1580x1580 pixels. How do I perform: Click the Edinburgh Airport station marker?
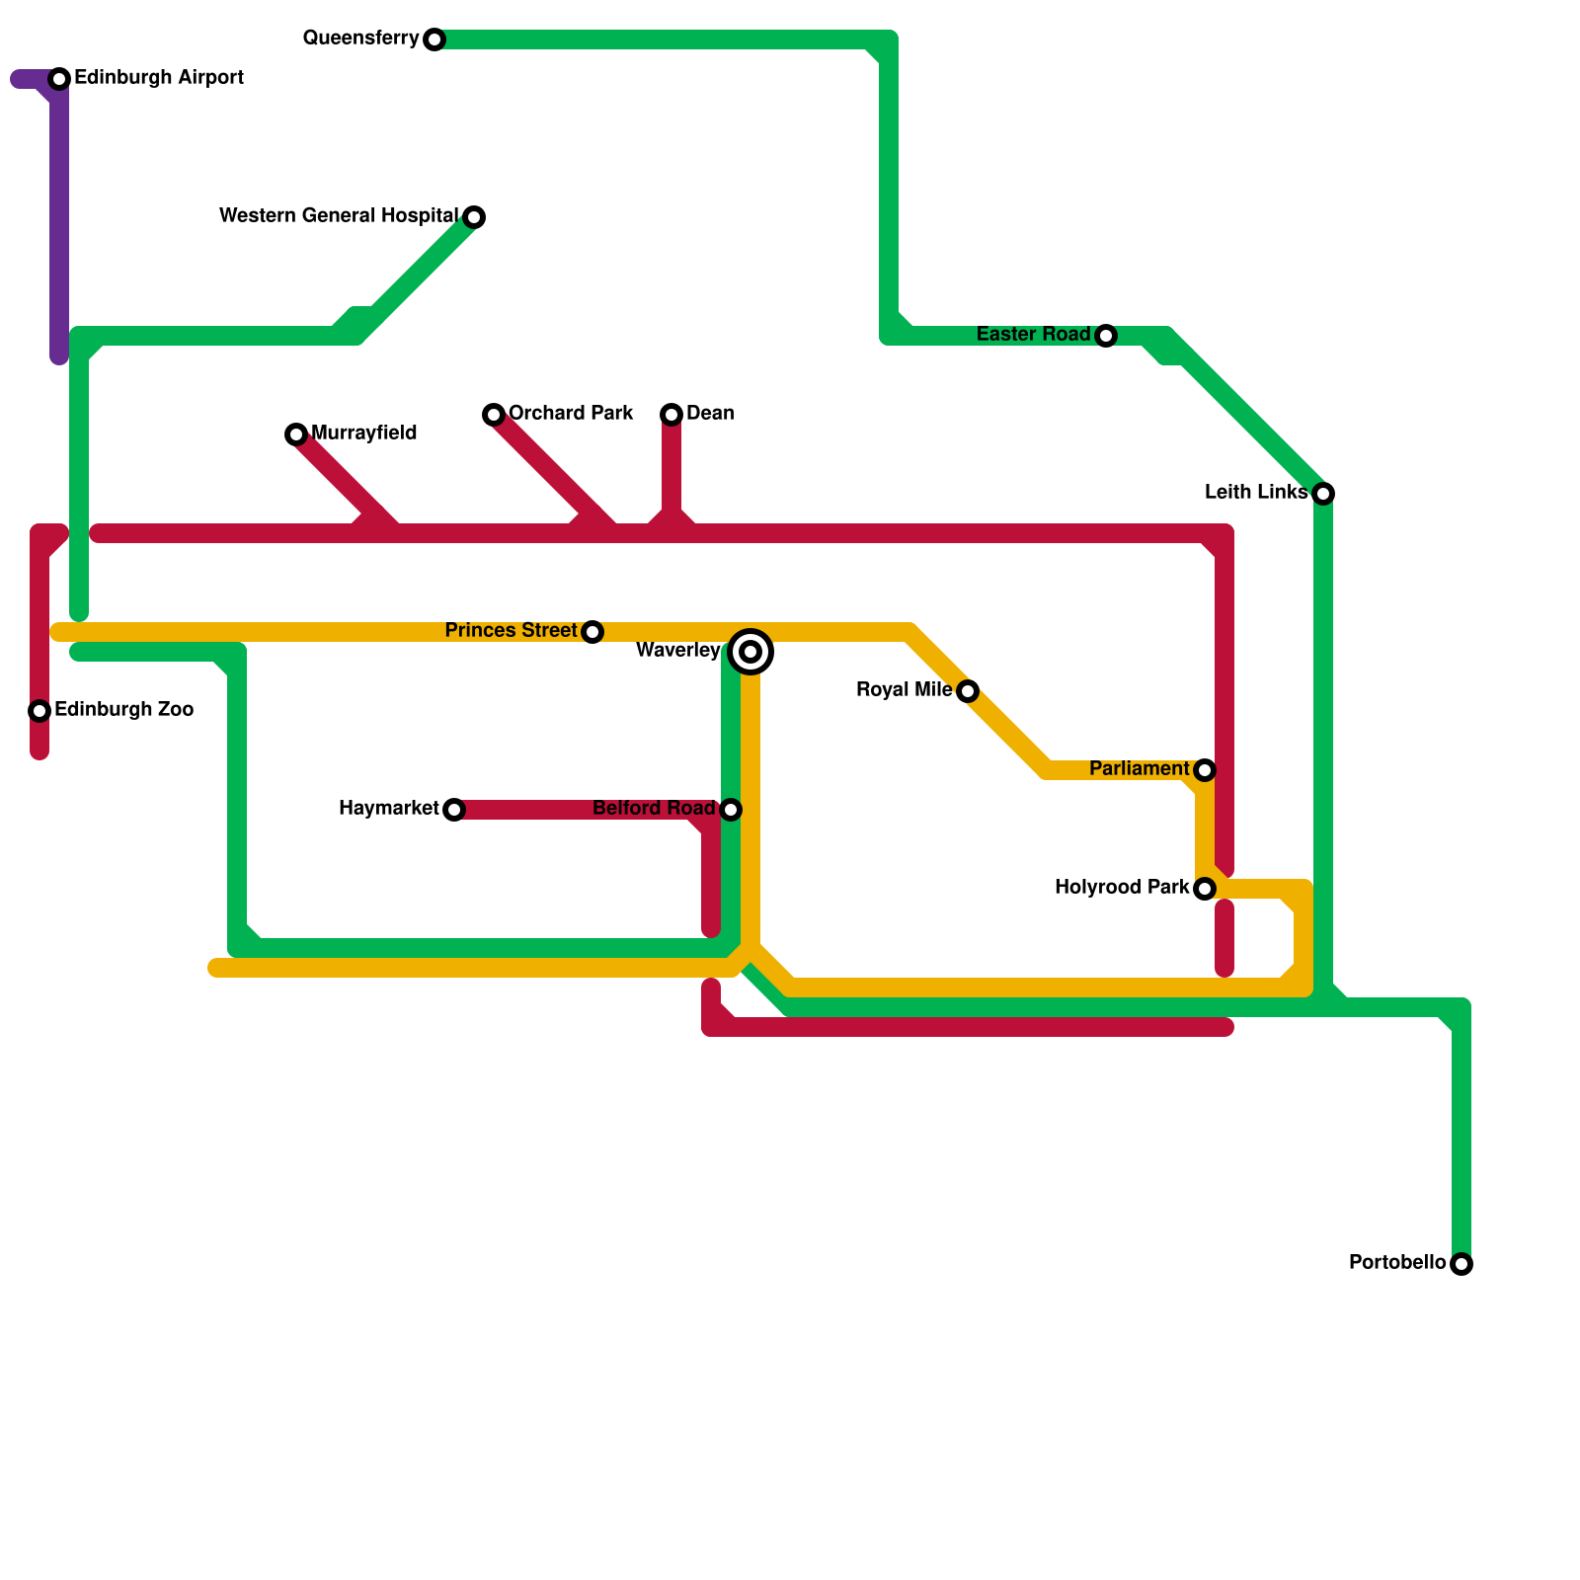pyautogui.click(x=59, y=79)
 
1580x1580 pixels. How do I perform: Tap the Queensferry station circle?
pyautogui.click(x=434, y=39)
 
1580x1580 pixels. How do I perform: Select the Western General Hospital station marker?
pyautogui.click(x=474, y=217)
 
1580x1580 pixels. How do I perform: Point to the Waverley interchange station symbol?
pyautogui.click(x=750, y=652)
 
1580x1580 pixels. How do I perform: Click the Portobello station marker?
pyautogui.click(x=1461, y=1264)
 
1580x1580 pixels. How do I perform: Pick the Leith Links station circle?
pyautogui.click(x=1323, y=494)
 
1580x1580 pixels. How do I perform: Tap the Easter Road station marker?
pyautogui.click(x=1106, y=336)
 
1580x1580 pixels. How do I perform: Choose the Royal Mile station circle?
pyautogui.click(x=968, y=691)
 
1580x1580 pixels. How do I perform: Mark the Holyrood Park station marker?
pyautogui.click(x=1205, y=889)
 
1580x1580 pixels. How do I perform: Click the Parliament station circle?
pyautogui.click(x=1205, y=770)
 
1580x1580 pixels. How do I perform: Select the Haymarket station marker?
pyautogui.click(x=454, y=810)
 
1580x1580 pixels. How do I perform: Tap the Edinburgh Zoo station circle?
pyautogui.click(x=39, y=711)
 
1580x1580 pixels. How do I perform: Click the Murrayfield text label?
pyautogui.click(x=363, y=433)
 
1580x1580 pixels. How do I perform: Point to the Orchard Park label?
pyautogui.click(x=570, y=413)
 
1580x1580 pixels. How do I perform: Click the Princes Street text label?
pyautogui.click(x=511, y=630)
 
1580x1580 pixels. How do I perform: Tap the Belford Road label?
pyautogui.click(x=654, y=808)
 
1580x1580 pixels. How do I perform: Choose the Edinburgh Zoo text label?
pyautogui.click(x=123, y=709)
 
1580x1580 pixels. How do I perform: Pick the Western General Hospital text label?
pyautogui.click(x=339, y=215)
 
